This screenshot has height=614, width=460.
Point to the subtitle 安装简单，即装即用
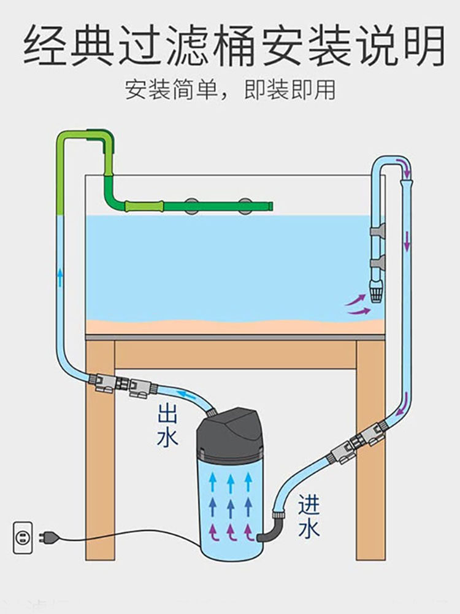tap(230, 90)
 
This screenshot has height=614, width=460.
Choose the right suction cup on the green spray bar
tap(245, 205)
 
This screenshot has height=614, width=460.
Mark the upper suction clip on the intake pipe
tap(377, 231)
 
